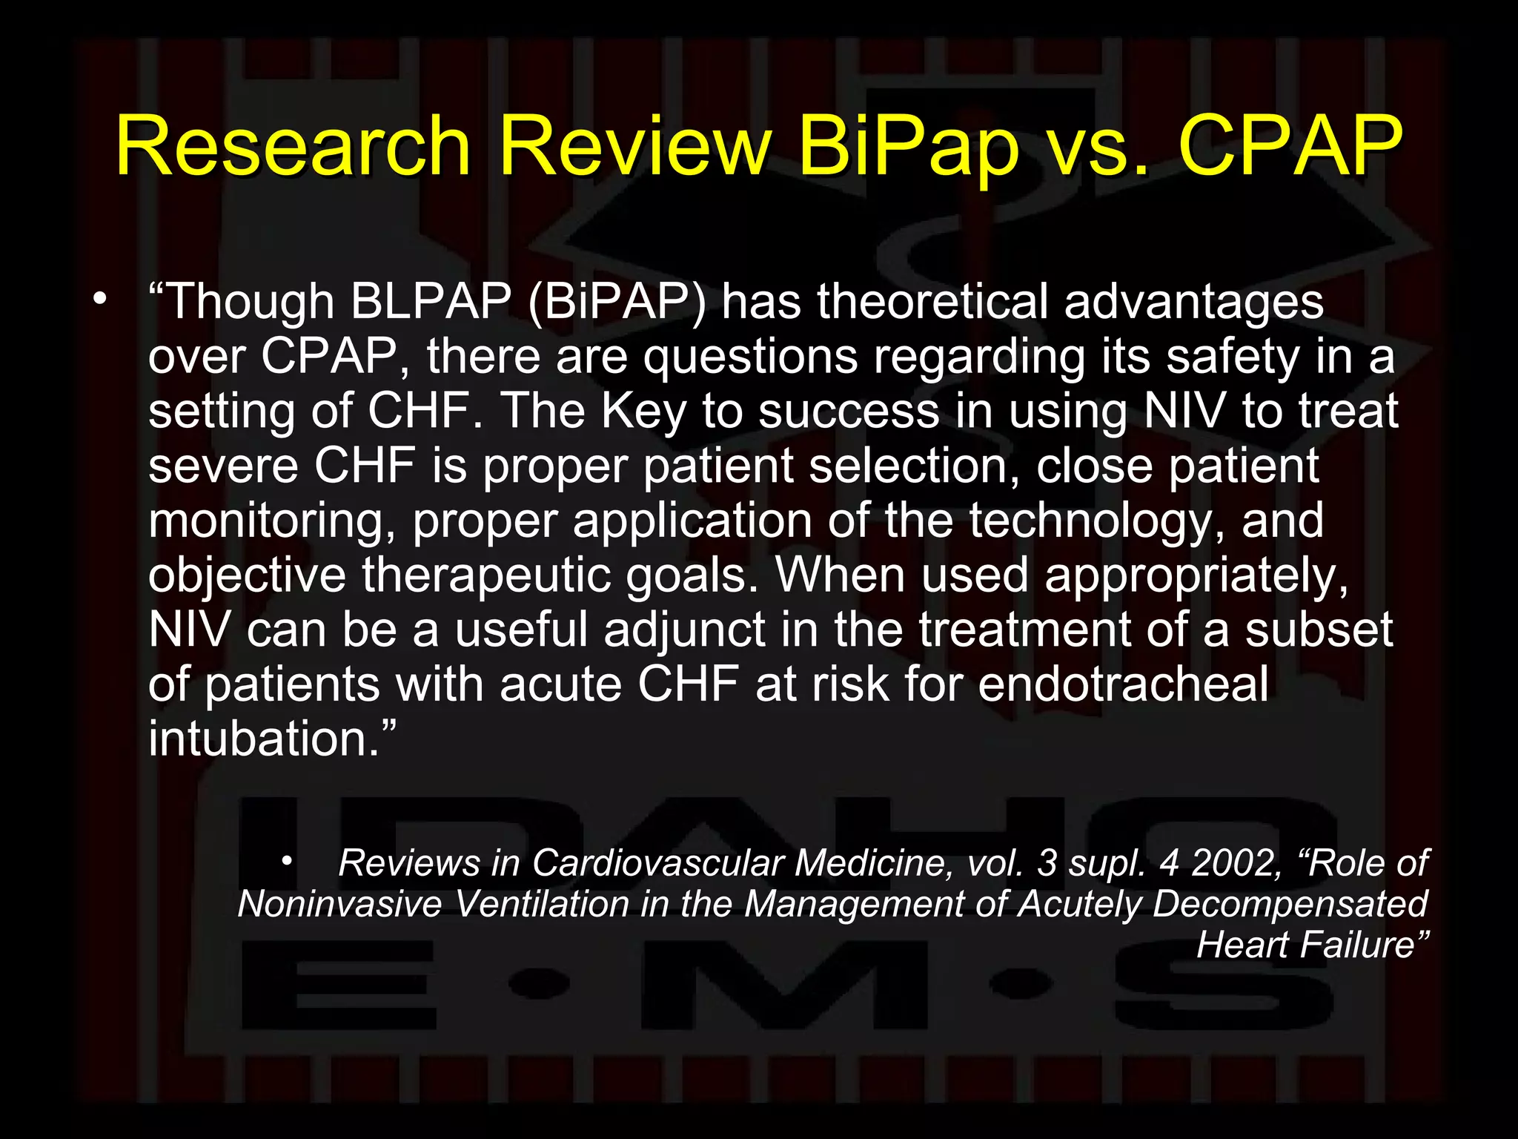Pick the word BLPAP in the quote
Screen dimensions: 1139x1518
click(x=431, y=302)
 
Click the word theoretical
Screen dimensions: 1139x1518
click(x=932, y=302)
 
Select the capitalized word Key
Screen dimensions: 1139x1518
click(x=643, y=412)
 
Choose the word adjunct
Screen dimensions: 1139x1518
click(x=684, y=630)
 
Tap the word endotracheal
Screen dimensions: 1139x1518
click(x=1123, y=684)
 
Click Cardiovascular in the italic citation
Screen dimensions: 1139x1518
click(x=657, y=863)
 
